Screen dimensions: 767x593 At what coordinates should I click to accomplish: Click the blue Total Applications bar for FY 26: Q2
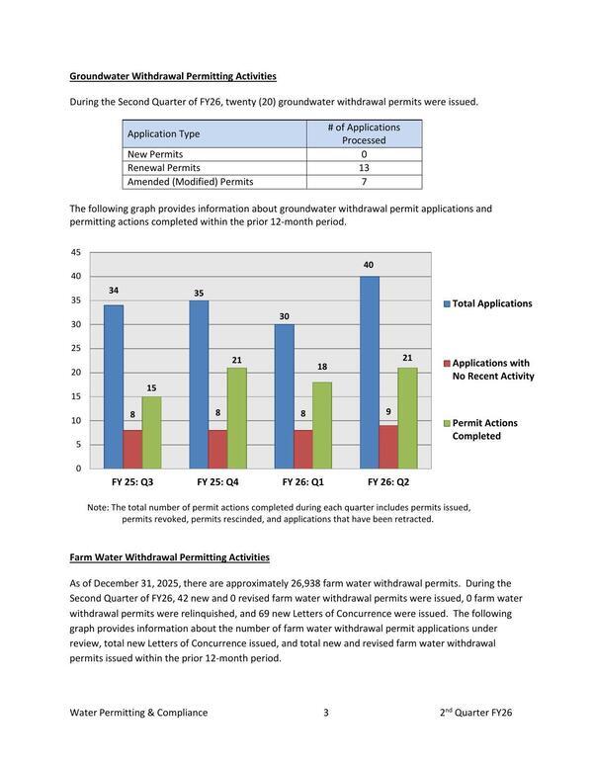pyautogui.click(x=370, y=372)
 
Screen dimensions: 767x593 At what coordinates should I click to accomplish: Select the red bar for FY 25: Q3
pyautogui.click(x=132, y=449)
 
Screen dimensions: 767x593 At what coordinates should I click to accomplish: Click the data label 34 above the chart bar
pyautogui.click(x=115, y=291)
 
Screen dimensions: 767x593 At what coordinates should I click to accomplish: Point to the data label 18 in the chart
pyautogui.click(x=322, y=368)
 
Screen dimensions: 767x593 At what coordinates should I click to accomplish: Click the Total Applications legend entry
pyautogui.click(x=492, y=303)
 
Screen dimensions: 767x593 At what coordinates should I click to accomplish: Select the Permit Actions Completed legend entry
pyautogui.click(x=484, y=429)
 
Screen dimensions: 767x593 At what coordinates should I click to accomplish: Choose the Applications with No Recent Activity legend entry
pyautogui.click(x=492, y=370)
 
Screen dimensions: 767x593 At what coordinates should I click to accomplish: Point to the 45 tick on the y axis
pyautogui.click(x=76, y=252)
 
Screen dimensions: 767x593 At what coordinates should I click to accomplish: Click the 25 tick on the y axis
pyautogui.click(x=76, y=349)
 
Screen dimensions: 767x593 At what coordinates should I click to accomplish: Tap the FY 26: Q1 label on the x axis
pyautogui.click(x=303, y=483)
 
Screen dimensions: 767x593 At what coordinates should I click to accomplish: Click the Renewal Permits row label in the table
pyautogui.click(x=163, y=168)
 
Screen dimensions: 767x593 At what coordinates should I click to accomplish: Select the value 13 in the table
pyautogui.click(x=364, y=168)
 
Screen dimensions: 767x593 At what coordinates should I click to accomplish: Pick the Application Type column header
pyautogui.click(x=164, y=133)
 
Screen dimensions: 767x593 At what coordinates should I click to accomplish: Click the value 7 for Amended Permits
pyautogui.click(x=364, y=182)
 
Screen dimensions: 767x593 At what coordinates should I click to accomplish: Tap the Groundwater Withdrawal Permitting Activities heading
pyautogui.click(x=173, y=76)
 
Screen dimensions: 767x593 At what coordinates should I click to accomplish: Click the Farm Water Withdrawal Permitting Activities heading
pyautogui.click(x=169, y=557)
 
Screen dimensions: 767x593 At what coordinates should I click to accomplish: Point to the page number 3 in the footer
pyautogui.click(x=325, y=712)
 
